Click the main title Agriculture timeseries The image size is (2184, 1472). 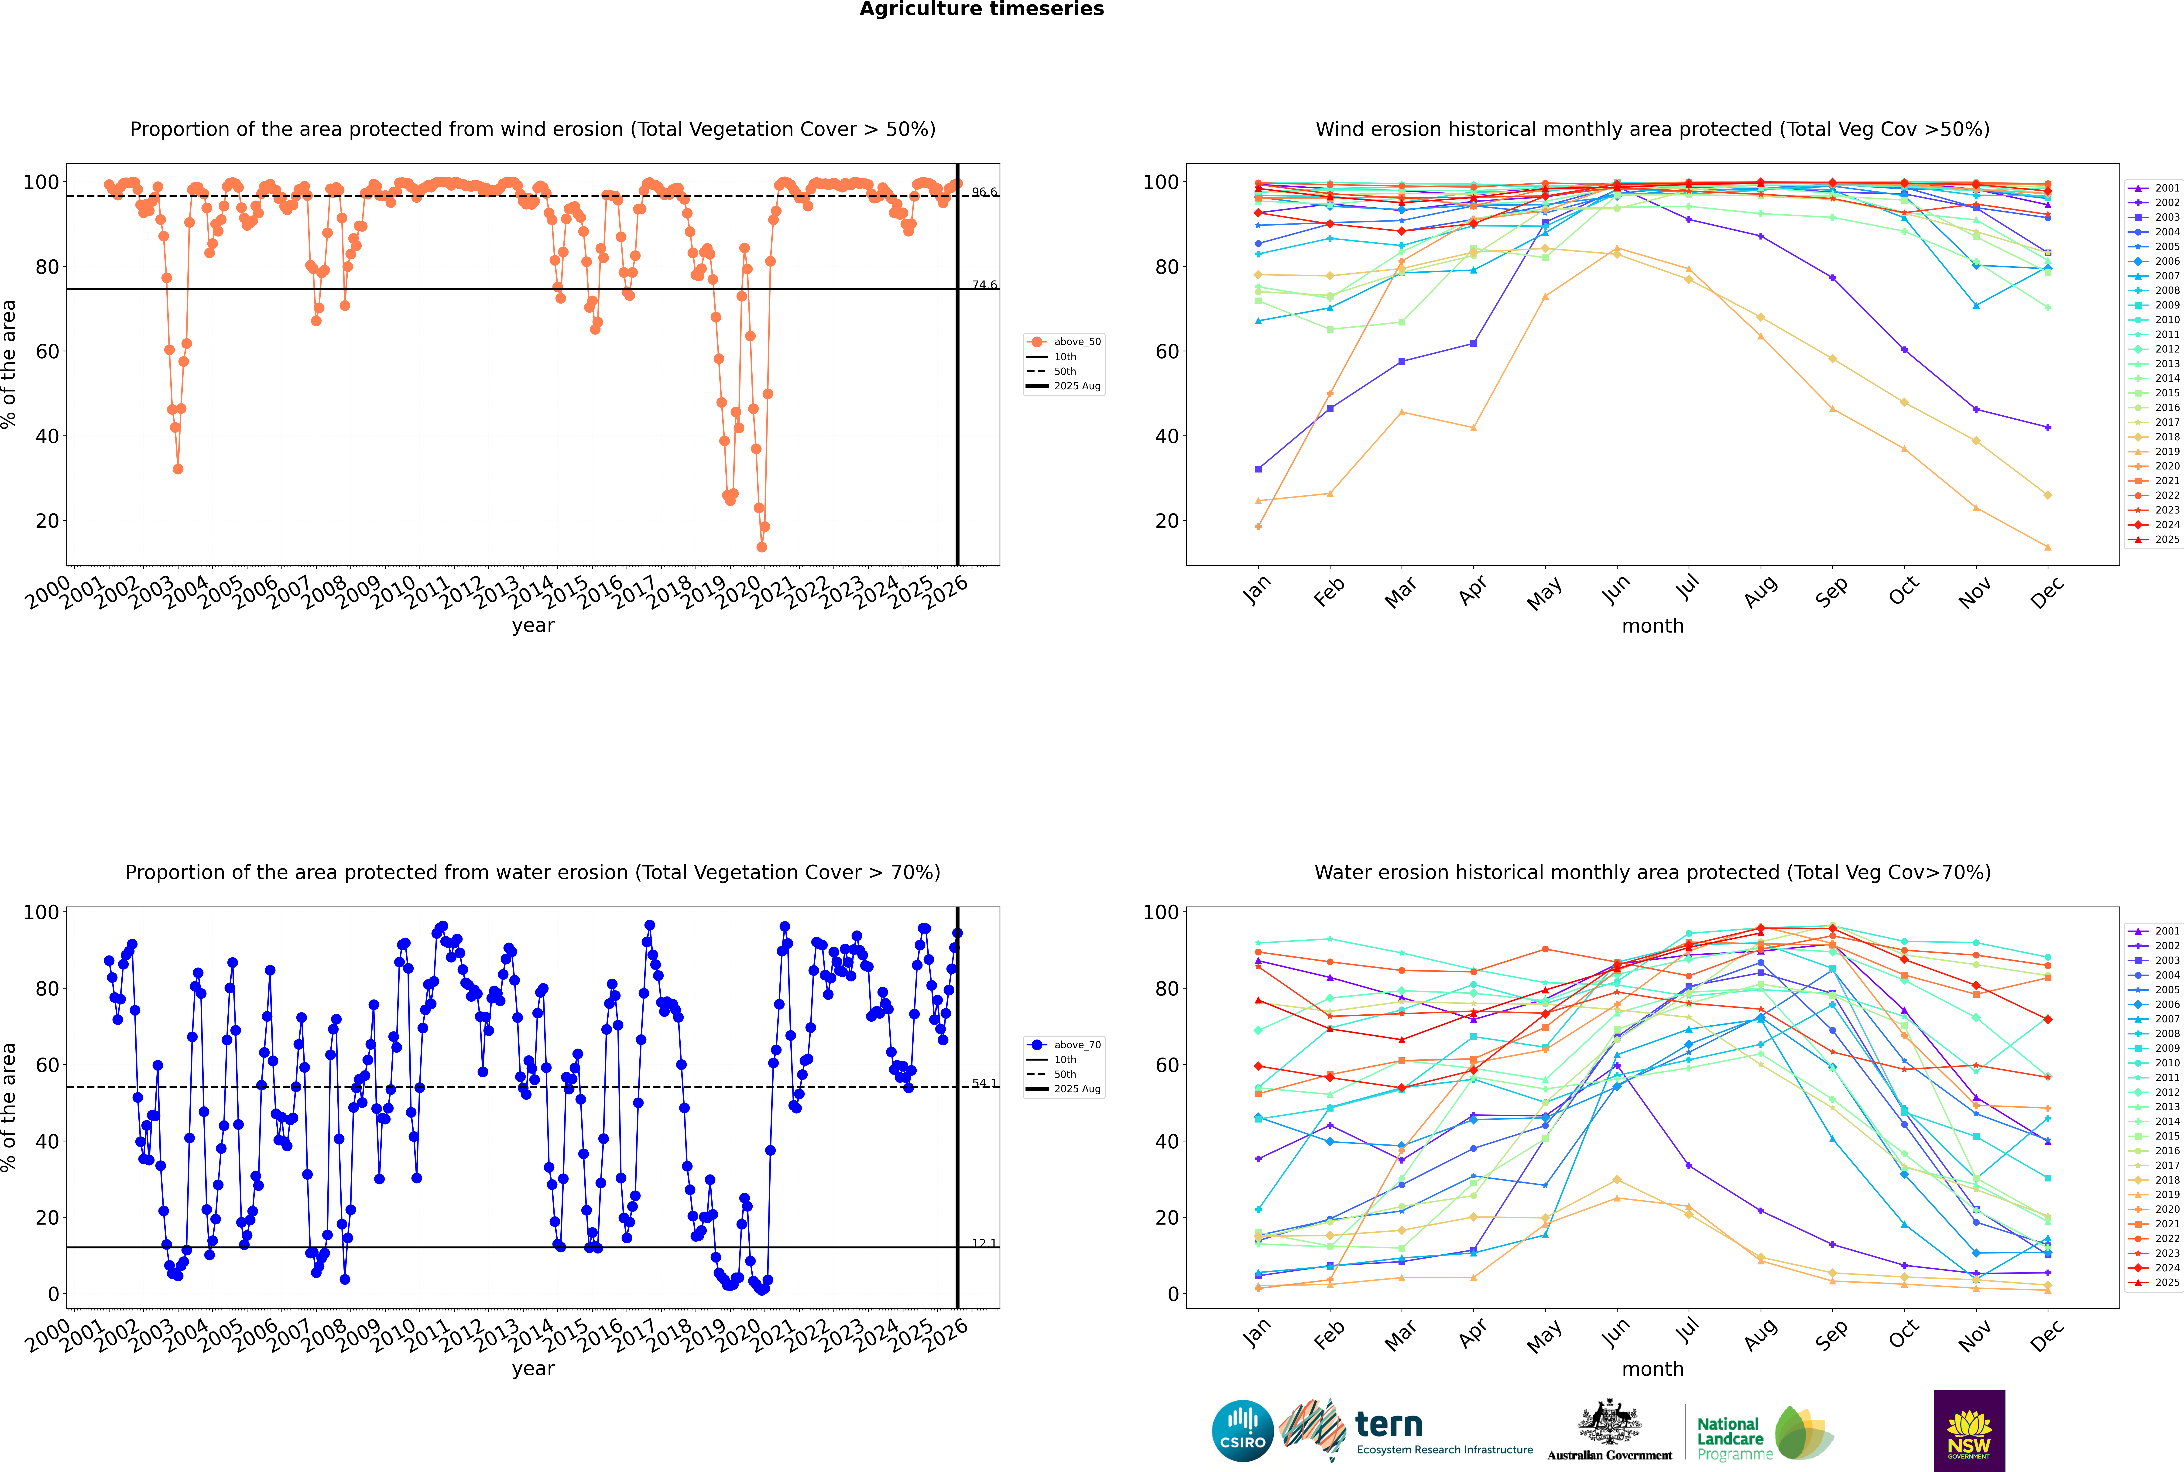(981, 9)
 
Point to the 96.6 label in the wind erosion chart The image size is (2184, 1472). (984, 192)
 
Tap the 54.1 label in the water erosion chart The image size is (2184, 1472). (984, 1083)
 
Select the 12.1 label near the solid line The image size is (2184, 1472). (984, 1244)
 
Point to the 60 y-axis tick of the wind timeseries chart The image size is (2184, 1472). (47, 351)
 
